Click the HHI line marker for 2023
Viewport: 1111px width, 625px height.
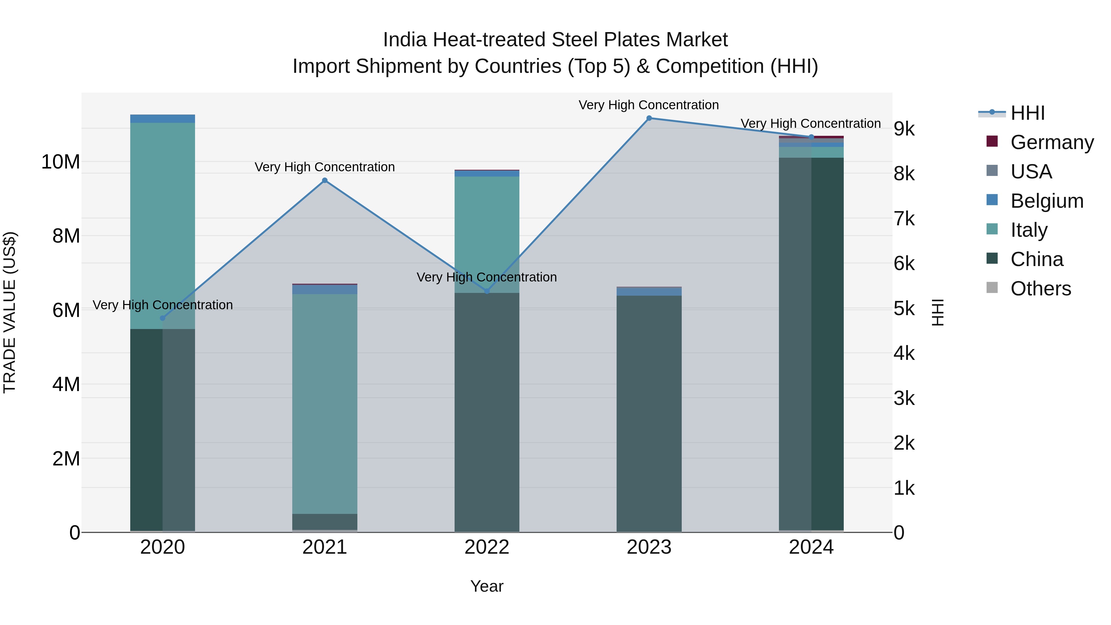649,118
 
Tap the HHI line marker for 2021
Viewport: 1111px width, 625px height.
325,180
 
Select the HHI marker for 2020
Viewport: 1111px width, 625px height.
163,318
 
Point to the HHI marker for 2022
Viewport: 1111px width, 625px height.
487,291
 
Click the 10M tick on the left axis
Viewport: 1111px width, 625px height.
60,162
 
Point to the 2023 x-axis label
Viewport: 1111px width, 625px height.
649,547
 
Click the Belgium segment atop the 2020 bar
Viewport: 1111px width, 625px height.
163,119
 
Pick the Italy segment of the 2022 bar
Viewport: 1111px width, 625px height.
487,233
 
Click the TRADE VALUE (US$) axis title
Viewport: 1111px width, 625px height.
10,312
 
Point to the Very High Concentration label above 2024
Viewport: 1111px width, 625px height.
810,123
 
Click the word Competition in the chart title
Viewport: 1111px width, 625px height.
710,66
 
